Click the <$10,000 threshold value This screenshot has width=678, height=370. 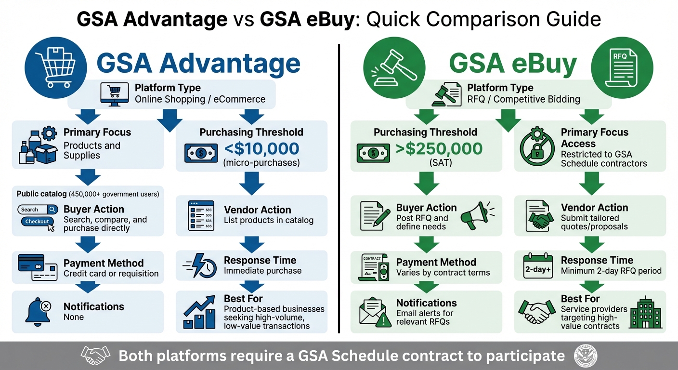[261, 148]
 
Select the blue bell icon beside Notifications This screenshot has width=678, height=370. [38, 311]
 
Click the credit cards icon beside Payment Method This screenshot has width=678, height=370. [37, 266]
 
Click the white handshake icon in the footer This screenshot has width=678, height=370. [96, 356]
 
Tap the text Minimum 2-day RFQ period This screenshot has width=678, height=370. [611, 271]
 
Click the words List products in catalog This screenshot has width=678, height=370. [269, 221]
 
